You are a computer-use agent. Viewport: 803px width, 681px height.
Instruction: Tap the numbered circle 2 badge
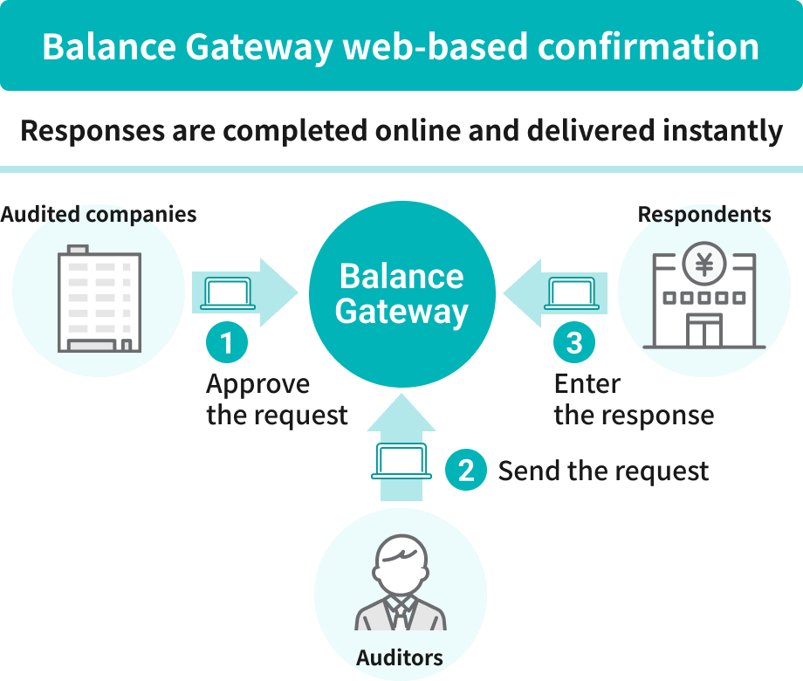pyautogui.click(x=466, y=471)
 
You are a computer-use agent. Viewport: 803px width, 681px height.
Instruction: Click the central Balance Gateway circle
pyautogui.click(x=401, y=293)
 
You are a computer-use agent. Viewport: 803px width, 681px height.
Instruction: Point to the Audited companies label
pyautogui.click(x=99, y=215)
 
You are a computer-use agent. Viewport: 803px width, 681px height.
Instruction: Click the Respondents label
pyautogui.click(x=704, y=215)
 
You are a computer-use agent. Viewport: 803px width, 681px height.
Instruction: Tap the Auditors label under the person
pyautogui.click(x=400, y=657)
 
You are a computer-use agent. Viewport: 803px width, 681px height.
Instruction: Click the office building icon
pyautogui.click(x=99, y=299)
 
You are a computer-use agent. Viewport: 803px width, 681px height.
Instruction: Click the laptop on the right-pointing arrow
pyautogui.click(x=228, y=293)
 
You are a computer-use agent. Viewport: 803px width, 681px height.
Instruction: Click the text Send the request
pyautogui.click(x=603, y=471)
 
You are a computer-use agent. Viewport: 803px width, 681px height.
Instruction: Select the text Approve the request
pyautogui.click(x=277, y=399)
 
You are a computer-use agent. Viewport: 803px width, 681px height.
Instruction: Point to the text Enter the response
pyautogui.click(x=634, y=399)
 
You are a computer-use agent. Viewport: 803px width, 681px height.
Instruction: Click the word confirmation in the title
pyautogui.click(x=648, y=46)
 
